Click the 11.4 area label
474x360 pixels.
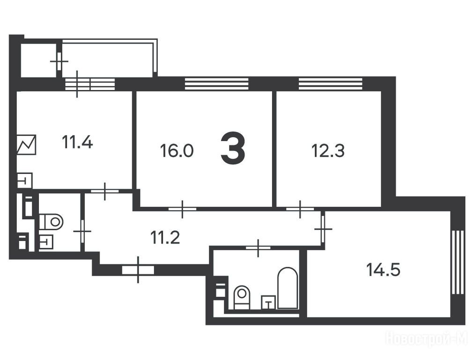77,142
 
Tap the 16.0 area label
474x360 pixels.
177,150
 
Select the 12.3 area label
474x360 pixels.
328,150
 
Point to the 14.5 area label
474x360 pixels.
383,270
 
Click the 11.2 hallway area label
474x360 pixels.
165,237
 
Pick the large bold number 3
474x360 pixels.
233,150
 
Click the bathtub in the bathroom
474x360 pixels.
288,288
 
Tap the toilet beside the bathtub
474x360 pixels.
242,297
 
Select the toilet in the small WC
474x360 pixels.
51,222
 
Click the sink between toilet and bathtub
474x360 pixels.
268,302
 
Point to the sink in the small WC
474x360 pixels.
46,242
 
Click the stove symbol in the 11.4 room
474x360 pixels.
26,144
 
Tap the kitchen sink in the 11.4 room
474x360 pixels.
24,181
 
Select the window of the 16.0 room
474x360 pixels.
216,84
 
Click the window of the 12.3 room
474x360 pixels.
330,84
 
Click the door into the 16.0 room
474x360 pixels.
182,209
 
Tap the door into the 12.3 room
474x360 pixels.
300,209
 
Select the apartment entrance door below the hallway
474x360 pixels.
138,270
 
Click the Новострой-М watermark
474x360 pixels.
427,338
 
